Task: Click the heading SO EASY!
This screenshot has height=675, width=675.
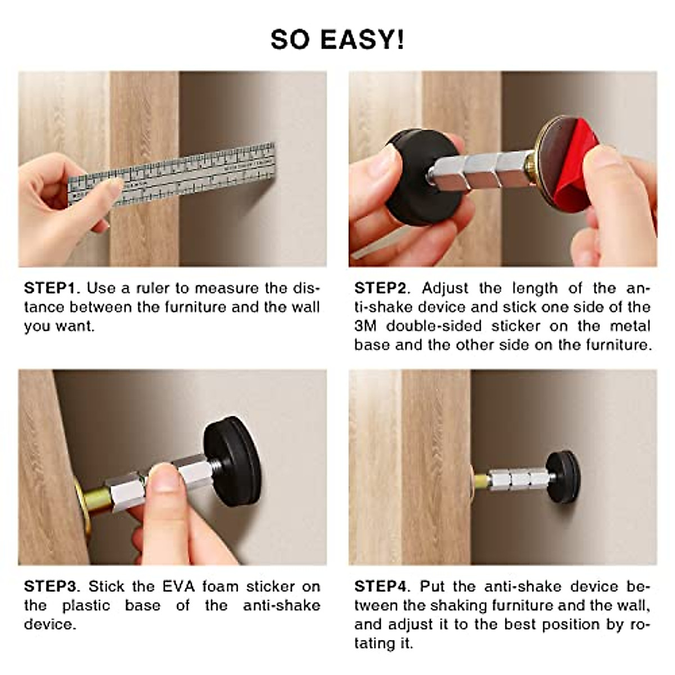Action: tap(337, 40)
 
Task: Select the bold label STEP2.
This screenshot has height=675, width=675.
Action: tap(382, 289)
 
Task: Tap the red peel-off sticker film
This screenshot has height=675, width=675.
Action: tap(568, 169)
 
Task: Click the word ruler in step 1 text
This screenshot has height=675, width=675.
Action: tap(152, 289)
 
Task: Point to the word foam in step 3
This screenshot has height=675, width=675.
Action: tap(220, 587)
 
